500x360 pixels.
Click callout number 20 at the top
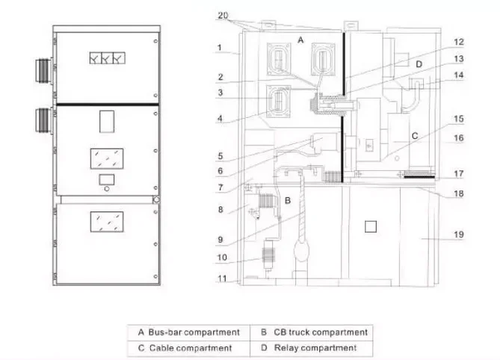(223, 15)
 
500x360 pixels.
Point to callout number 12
(459, 42)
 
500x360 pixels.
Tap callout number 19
(459, 235)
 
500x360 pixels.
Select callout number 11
(222, 279)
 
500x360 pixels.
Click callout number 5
(220, 156)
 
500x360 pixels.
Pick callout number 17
(459, 173)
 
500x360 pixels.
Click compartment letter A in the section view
(300, 40)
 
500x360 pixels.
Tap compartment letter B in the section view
(288, 200)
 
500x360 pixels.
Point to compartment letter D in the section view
(419, 64)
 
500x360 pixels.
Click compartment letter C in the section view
(415, 136)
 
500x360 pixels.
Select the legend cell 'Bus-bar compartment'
(189, 332)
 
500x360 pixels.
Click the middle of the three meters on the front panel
(107, 58)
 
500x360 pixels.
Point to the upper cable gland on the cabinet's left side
(43, 70)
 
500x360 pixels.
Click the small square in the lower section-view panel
(370, 226)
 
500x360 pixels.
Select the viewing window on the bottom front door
(107, 222)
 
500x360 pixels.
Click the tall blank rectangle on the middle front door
(107, 122)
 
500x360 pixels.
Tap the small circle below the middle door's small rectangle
(107, 189)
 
